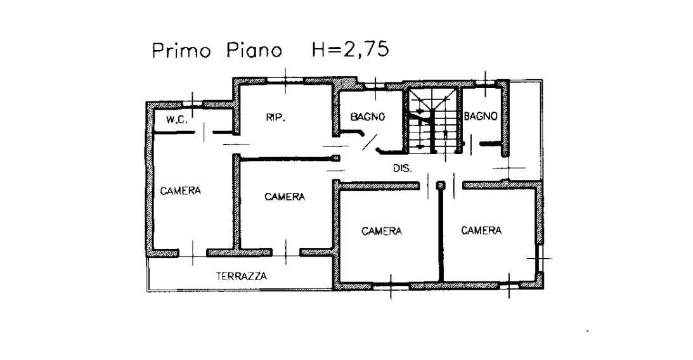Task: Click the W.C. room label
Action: click(177, 119)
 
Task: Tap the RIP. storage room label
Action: click(275, 117)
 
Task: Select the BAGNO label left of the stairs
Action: click(368, 117)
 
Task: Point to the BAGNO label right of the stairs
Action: click(481, 116)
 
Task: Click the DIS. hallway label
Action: click(402, 169)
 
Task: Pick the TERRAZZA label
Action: click(242, 276)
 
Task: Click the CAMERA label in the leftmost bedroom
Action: click(180, 191)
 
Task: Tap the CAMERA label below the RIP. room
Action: click(285, 196)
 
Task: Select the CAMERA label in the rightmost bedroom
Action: click(481, 230)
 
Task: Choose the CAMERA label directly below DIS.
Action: click(382, 231)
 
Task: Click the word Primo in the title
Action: click(181, 50)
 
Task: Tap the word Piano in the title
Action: click(254, 50)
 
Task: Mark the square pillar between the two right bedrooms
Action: click(440, 186)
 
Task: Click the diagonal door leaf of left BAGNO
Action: click(370, 142)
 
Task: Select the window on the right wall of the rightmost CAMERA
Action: click(539, 259)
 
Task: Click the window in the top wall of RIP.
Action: click(285, 80)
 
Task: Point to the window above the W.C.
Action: click(192, 104)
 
